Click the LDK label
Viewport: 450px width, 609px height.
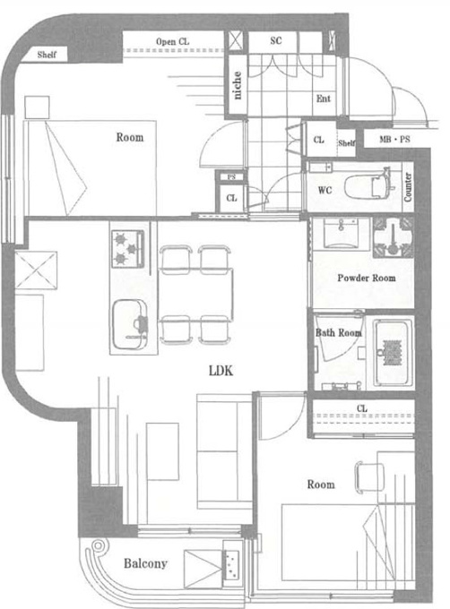click(221, 371)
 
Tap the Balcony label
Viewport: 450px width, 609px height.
click(145, 563)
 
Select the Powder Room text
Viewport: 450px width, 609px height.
click(366, 278)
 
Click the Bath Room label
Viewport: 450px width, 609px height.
click(338, 333)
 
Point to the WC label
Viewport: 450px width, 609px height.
click(325, 190)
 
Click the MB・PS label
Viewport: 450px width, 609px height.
click(394, 139)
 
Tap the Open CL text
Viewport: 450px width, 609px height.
click(172, 41)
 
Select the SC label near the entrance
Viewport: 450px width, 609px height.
click(275, 40)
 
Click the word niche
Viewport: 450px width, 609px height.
click(237, 85)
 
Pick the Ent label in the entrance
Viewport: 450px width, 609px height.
click(324, 99)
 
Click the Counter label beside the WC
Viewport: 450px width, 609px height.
click(408, 187)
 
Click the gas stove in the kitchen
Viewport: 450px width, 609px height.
click(128, 249)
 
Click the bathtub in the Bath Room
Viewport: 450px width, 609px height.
click(393, 352)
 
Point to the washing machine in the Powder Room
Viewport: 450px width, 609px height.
click(393, 237)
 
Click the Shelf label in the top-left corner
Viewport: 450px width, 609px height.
click(47, 55)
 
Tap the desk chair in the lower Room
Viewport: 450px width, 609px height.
click(369, 477)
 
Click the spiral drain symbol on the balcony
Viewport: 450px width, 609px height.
click(98, 545)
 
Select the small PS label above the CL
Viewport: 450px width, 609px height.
click(231, 176)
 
